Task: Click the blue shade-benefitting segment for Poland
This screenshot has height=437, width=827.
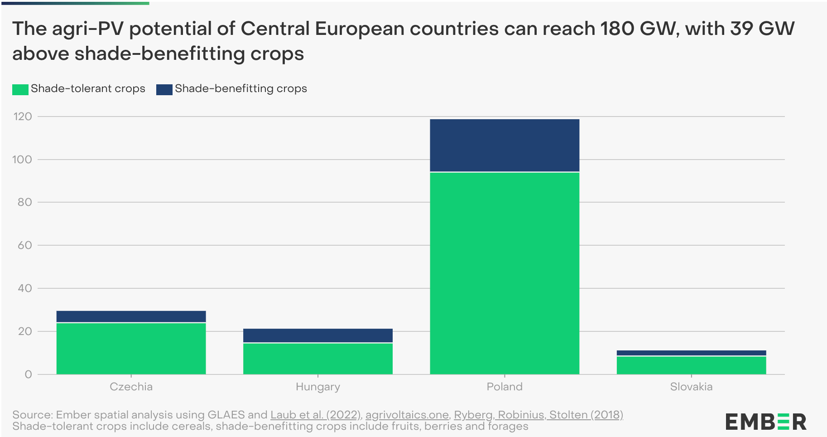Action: point(504,145)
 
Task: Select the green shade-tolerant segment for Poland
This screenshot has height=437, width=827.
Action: point(504,273)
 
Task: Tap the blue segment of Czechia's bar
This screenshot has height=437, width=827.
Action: point(131,316)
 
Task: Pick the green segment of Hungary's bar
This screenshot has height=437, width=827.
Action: point(317,359)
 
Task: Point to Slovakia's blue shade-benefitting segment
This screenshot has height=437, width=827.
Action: point(691,353)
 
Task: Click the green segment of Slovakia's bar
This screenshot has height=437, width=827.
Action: point(691,365)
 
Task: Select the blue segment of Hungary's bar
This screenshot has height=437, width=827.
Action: point(317,335)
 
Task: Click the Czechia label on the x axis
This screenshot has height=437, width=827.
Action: point(131,387)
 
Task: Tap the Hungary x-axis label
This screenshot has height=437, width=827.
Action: point(317,387)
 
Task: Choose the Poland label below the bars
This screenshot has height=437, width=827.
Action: point(504,387)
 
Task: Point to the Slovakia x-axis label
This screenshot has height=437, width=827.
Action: point(691,387)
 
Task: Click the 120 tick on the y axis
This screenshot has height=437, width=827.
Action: point(23,117)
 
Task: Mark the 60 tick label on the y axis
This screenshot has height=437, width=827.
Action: point(24,245)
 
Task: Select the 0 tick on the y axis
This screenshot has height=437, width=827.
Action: point(29,374)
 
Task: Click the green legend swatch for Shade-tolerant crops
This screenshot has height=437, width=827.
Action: point(20,89)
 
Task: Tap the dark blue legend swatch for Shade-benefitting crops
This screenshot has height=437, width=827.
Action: point(164,89)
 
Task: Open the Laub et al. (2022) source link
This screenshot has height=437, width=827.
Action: point(316,415)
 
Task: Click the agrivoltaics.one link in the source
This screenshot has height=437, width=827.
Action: point(407,415)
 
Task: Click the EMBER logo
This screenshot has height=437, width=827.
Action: point(765,422)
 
